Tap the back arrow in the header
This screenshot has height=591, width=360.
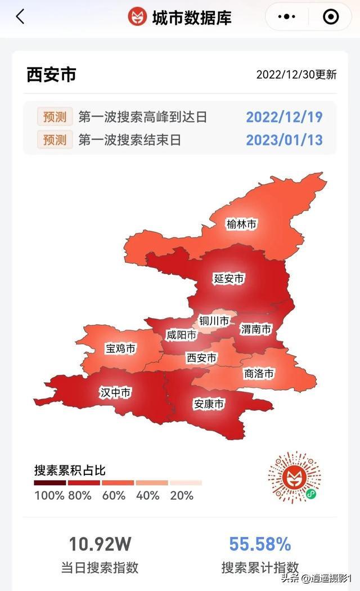20,17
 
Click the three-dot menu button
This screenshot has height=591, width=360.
287,17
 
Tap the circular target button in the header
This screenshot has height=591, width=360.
331,17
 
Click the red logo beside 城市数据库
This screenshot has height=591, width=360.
137,17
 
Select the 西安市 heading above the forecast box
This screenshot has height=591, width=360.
51,75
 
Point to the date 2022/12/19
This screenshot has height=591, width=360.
284,117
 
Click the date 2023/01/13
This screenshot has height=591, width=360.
284,140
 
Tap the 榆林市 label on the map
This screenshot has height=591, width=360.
241,224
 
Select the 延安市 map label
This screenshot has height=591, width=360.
229,278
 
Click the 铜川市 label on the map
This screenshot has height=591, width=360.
214,321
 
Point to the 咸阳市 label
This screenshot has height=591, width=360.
181,335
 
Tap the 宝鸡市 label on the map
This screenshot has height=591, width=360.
121,349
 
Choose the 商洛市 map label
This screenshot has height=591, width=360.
259,373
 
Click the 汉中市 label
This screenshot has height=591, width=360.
115,392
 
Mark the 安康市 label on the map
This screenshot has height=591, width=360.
209,404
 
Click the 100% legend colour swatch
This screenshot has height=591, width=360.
50,482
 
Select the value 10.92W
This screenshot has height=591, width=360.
100,544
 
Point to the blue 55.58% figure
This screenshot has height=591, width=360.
260,544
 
